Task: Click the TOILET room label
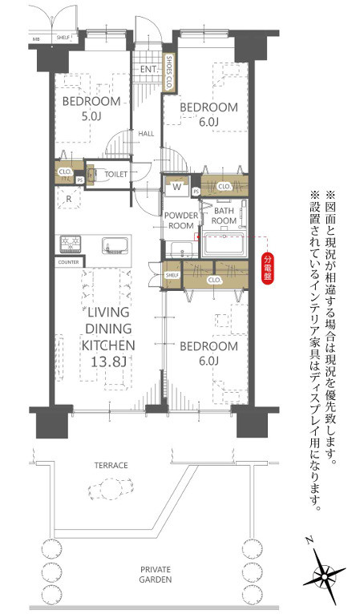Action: [x=116, y=172]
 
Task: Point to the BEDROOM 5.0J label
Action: [x=91, y=108]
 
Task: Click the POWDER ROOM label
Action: [x=180, y=220]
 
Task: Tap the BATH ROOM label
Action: [x=224, y=215]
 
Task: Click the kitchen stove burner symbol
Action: [x=68, y=244]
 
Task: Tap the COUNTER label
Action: [x=68, y=262]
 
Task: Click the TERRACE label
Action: [x=110, y=465]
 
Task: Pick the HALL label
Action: [x=145, y=134]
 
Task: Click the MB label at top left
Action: [x=35, y=38]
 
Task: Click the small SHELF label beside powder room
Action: [x=171, y=275]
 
